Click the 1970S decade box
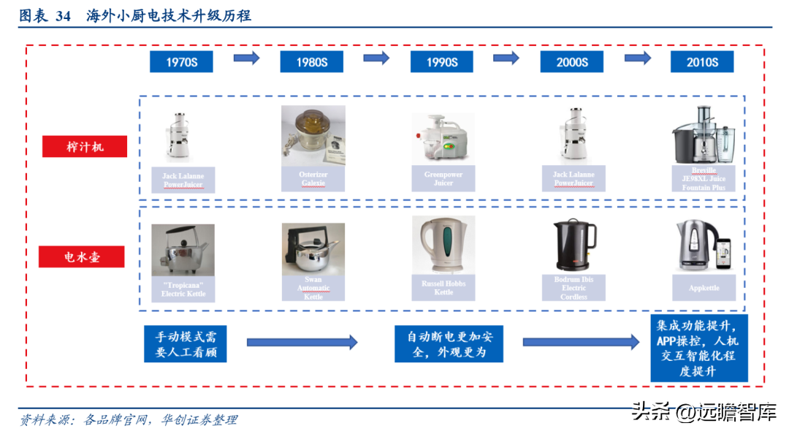pos(181,62)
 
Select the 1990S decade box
pos(442,62)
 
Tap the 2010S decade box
pos(702,62)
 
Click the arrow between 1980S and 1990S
pos(376,58)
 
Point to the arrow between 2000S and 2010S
pos(637,58)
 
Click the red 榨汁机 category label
pos(85,147)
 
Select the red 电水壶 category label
pos(83,257)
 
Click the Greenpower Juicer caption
pos(443,179)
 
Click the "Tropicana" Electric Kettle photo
pos(183,250)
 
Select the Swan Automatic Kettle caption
pos(313,288)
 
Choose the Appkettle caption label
pos(704,288)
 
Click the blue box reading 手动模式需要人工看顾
pos(186,344)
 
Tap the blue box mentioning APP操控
pos(698,348)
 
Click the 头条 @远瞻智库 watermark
pos(703,412)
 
